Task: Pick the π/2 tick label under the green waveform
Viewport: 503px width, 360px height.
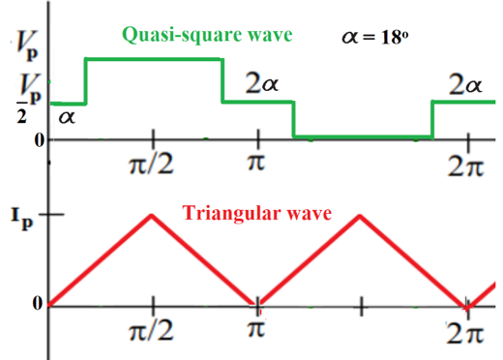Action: (151, 160)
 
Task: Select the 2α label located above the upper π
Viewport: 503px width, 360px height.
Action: (262, 85)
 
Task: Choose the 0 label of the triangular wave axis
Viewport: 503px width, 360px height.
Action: (36, 305)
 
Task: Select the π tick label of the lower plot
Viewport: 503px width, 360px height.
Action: (256, 332)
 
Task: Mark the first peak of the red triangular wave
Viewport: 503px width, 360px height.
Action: (151, 214)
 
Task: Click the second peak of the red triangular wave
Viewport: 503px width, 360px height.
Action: (360, 214)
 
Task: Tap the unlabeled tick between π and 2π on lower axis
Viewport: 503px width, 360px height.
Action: (361, 307)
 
